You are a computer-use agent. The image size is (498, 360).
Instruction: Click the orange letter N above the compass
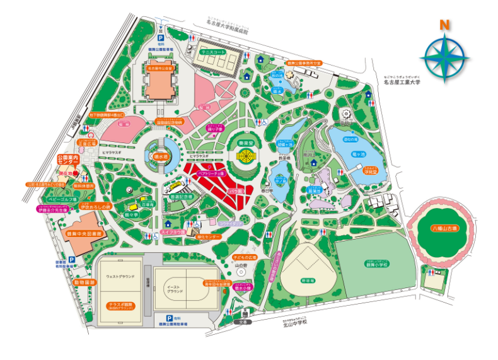(444, 26)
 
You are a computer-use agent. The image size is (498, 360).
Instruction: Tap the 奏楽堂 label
(241, 143)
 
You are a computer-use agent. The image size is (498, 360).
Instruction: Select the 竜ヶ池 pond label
(358, 153)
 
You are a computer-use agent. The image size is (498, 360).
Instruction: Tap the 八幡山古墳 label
(443, 228)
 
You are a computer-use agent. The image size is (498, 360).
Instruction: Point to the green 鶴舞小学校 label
(377, 264)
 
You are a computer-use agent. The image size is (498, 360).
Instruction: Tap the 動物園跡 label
(84, 282)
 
